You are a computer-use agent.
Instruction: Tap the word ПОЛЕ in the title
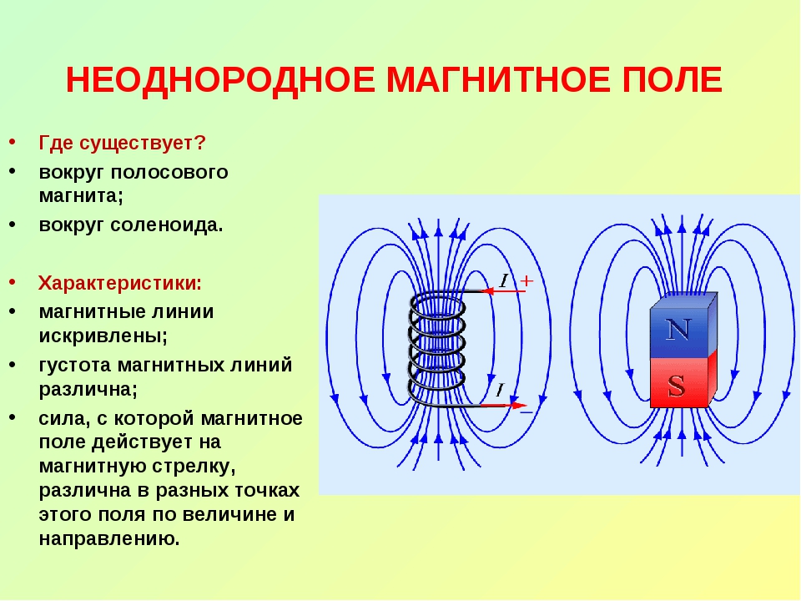coord(673,80)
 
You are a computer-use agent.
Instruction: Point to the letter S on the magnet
coord(677,386)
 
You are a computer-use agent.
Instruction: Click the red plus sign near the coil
coord(526,280)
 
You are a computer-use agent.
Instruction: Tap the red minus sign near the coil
coord(526,412)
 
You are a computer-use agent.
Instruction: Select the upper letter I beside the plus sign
coord(504,280)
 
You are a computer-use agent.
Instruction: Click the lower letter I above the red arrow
coord(500,390)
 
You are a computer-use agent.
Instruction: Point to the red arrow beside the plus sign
coord(504,291)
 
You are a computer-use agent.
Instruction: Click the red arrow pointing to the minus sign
coord(503,406)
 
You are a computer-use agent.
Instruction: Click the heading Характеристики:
coord(120,283)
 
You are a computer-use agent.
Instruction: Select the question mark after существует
coord(199,143)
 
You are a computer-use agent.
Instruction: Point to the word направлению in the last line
coord(109,539)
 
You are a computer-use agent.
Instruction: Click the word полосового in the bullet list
coord(169,172)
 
